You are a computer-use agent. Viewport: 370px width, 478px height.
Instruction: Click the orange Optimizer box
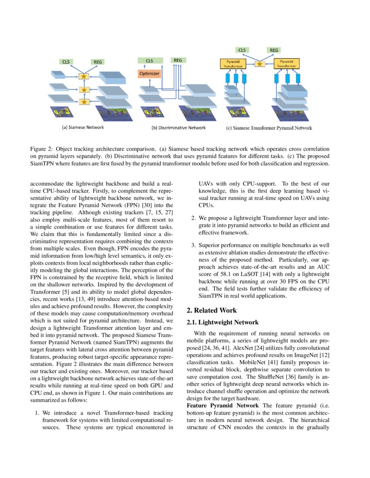[149, 74]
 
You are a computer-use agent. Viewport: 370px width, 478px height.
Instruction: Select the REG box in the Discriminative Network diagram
[178, 60]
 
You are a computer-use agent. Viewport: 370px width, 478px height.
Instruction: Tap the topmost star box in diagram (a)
[84, 77]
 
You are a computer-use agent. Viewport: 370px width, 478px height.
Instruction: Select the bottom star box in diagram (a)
[84, 102]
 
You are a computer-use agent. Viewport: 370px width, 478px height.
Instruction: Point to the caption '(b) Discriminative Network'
[178, 128]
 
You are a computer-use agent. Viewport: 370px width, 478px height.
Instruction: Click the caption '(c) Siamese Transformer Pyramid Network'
[269, 128]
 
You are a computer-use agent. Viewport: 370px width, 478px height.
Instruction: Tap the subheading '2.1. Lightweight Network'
[222, 322]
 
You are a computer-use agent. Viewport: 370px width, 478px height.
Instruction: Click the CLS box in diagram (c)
[242, 50]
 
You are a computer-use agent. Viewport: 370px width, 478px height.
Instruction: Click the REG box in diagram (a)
[98, 62]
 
